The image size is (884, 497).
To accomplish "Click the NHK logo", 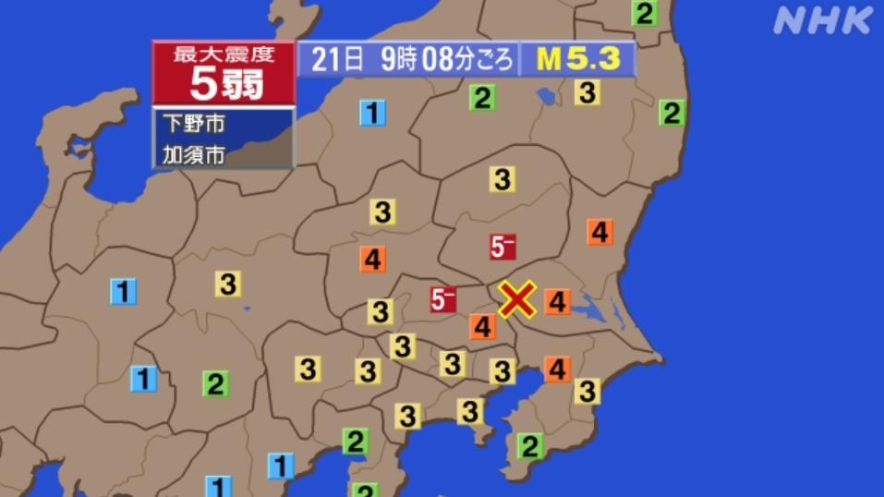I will (823, 19).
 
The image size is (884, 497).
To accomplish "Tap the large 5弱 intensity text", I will (224, 84).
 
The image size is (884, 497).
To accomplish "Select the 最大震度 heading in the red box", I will (224, 54).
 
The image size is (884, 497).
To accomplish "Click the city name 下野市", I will (193, 123).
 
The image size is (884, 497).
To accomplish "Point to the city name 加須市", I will (193, 154).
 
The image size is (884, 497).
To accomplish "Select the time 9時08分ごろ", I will (447, 59).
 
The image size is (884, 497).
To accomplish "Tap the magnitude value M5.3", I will (578, 59).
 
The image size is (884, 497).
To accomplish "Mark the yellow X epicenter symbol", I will (517, 298).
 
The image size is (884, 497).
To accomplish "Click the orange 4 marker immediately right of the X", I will (558, 301).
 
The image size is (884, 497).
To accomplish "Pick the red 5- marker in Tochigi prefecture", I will (503, 247).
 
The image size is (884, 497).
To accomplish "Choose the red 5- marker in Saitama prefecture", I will (443, 299).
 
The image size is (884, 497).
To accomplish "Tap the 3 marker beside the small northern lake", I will (587, 92).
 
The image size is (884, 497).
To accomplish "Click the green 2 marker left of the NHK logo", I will (645, 14).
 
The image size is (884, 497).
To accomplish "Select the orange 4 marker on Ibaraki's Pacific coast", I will (599, 232).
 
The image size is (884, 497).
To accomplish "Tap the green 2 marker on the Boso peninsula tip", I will (529, 447).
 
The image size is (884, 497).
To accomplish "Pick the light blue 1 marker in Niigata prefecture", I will (372, 114).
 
